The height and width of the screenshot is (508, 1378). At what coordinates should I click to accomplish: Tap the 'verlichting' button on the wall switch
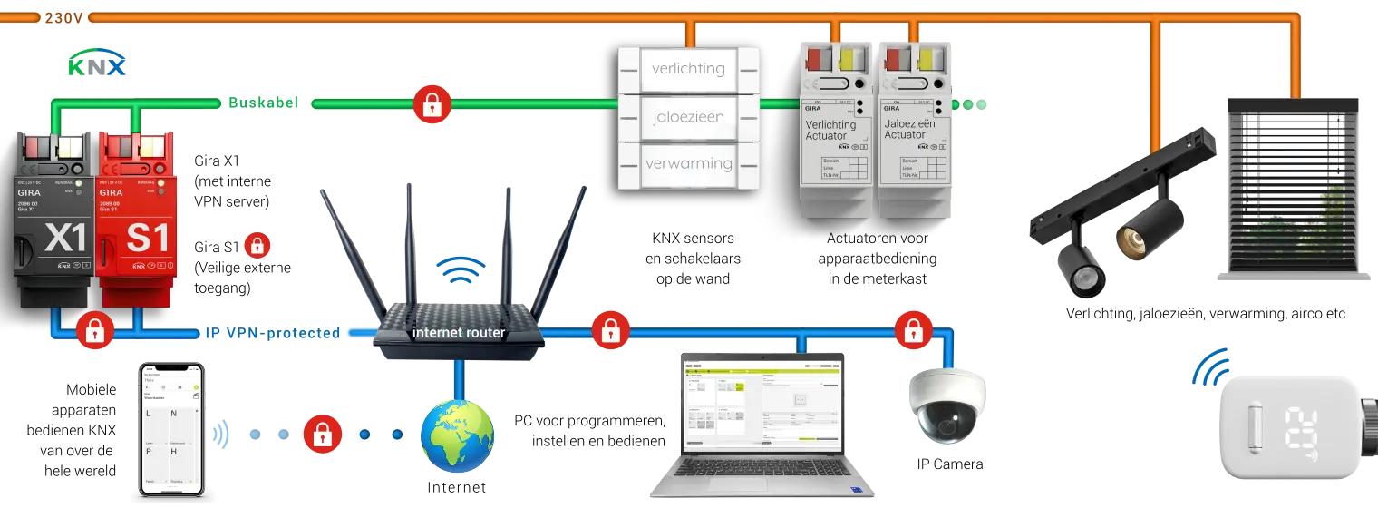tap(688, 69)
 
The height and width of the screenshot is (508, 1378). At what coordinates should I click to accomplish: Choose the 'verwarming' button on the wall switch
tap(688, 164)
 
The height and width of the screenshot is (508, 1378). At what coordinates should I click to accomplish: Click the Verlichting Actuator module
tap(837, 136)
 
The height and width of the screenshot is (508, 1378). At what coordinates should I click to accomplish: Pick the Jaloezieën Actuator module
tap(917, 136)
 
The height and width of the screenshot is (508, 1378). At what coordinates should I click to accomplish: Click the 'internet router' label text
tap(459, 332)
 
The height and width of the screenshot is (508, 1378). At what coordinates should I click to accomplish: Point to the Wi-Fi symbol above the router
tap(461, 269)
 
